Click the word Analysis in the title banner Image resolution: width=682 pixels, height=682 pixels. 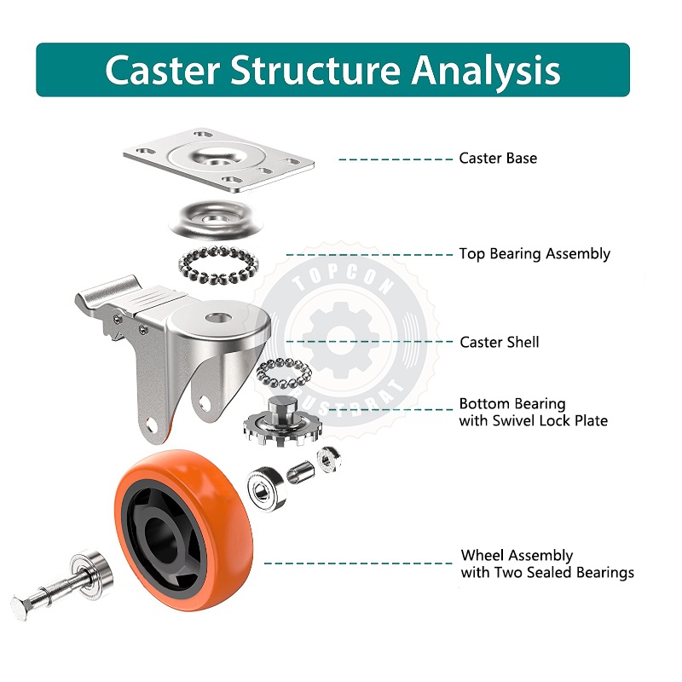click(x=486, y=70)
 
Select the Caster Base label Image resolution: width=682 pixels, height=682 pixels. click(x=498, y=158)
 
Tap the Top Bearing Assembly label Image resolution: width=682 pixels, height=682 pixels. click(x=535, y=254)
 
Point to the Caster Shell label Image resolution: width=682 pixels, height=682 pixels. click(x=499, y=342)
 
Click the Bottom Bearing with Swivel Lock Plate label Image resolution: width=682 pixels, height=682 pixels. click(x=533, y=412)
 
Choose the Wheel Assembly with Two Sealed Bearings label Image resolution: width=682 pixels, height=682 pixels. click(x=547, y=564)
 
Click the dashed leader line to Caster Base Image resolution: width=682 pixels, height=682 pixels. click(x=396, y=159)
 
